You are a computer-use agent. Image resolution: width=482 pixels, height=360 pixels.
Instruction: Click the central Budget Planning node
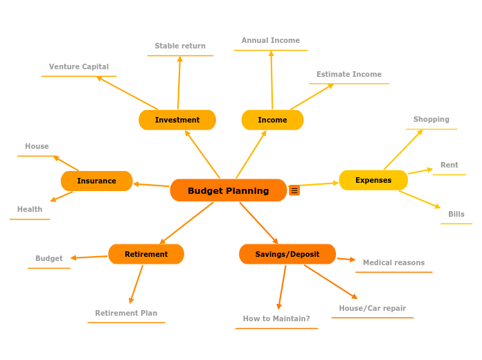[x=228, y=190]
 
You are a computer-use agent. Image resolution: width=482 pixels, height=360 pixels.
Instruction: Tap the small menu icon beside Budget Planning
[x=294, y=190]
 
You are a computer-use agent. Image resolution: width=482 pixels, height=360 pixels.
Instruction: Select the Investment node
[x=177, y=120]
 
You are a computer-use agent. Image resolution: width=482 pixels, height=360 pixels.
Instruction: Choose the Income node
[x=272, y=120]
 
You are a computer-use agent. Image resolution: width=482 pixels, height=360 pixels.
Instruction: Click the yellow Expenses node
[x=373, y=180]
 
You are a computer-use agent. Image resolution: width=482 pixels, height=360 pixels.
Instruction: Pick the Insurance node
[x=96, y=181]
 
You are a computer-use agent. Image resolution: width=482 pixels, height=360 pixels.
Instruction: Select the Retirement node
[x=146, y=254]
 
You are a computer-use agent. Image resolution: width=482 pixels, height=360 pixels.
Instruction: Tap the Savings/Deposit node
[x=287, y=254]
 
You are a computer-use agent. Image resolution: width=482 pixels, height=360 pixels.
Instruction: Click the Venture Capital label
[x=79, y=66]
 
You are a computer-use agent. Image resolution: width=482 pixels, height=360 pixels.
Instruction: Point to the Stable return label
[x=180, y=46]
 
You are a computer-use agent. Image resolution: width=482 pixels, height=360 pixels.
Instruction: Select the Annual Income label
[x=271, y=40]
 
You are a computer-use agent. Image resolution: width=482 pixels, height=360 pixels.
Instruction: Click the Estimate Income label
[x=349, y=74]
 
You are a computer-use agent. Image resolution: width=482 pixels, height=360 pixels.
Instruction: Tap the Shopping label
[x=431, y=119]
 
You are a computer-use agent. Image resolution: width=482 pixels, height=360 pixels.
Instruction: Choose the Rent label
[x=449, y=165]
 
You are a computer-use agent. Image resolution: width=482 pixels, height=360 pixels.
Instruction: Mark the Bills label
[x=456, y=214]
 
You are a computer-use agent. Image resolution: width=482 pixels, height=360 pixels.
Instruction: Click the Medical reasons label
[x=394, y=262]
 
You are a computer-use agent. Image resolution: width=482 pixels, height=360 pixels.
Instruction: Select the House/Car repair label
[x=373, y=308]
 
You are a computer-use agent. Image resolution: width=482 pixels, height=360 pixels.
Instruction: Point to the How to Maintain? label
[x=276, y=318]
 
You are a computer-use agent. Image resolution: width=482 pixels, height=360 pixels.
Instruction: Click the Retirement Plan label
[x=126, y=313]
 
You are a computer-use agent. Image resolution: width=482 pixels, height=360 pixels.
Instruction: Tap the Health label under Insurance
[x=30, y=209]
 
